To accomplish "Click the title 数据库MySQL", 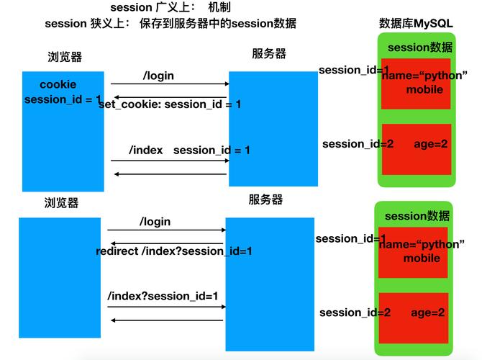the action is tap(416, 23).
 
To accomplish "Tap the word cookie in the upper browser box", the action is tap(58, 84).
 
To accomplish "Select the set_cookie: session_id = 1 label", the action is tap(170, 104).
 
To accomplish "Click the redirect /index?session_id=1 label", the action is tap(174, 251).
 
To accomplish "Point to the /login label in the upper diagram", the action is tap(158, 76).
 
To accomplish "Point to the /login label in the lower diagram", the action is tap(155, 222).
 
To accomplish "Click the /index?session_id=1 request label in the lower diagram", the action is tap(163, 296).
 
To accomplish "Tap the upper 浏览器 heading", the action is tap(65, 57).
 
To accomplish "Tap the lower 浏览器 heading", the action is tap(61, 203).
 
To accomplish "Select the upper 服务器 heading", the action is tap(269, 53).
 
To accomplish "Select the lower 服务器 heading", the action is tap(265, 199).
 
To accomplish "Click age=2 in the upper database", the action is tap(431, 144).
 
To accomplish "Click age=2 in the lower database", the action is tap(427, 312).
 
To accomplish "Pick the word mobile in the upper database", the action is tap(424, 89).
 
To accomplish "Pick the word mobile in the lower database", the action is tap(422, 258).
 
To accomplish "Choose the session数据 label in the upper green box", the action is tap(420, 48).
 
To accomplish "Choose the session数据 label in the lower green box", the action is tap(417, 216).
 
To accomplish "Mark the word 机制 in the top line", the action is tap(219, 7).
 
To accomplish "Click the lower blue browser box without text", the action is tap(60, 278).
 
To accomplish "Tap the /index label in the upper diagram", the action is tap(146, 150).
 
